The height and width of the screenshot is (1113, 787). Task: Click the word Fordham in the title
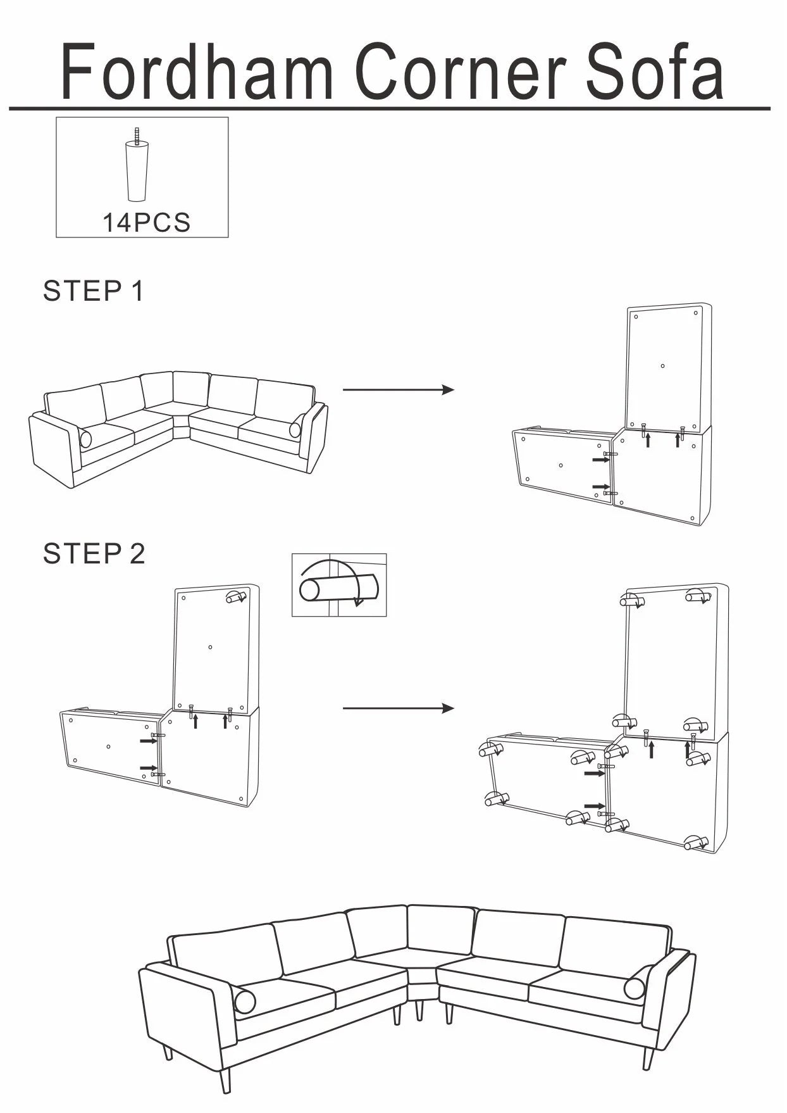(x=196, y=71)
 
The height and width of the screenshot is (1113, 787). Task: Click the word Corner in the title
(x=461, y=71)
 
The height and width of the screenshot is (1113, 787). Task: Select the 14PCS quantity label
(x=146, y=223)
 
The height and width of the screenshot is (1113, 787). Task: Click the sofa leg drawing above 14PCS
(x=137, y=168)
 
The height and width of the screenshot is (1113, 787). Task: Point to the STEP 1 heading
(x=93, y=291)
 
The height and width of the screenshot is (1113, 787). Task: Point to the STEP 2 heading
(x=94, y=554)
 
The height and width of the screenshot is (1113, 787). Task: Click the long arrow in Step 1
(x=398, y=389)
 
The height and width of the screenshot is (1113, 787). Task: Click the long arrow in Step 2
(x=398, y=708)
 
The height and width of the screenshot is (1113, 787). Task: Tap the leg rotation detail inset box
(x=339, y=585)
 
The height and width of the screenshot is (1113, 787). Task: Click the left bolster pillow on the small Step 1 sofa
(x=85, y=438)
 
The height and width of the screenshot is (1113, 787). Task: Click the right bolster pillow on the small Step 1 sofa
(x=295, y=430)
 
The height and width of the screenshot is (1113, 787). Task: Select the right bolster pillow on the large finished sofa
(x=635, y=988)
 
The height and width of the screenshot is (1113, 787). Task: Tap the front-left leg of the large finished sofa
(x=226, y=1079)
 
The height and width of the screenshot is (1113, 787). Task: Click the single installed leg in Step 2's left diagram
(x=235, y=597)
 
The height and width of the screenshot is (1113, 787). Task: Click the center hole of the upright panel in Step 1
(x=662, y=366)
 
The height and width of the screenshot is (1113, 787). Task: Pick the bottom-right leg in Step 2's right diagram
(x=695, y=843)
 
